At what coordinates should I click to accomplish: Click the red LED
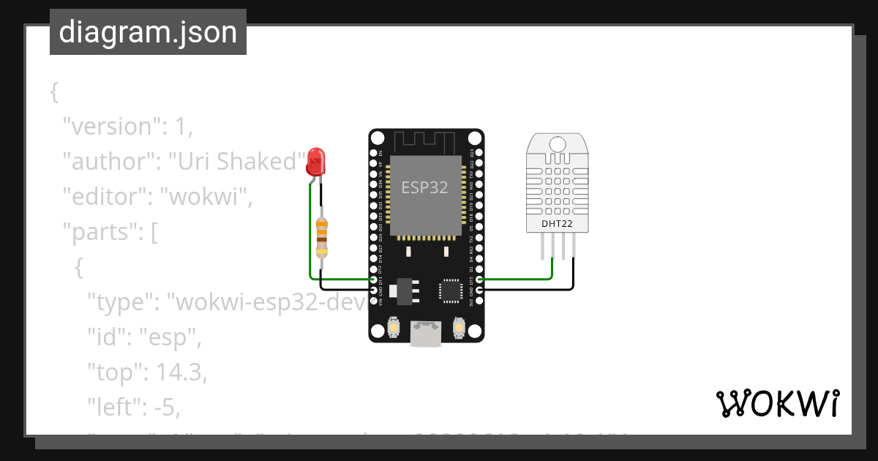pyautogui.click(x=316, y=161)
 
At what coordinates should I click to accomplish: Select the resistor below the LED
pyautogui.click(x=322, y=237)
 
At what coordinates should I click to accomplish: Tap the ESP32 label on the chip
pyautogui.click(x=424, y=187)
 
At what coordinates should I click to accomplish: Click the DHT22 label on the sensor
pyautogui.click(x=557, y=224)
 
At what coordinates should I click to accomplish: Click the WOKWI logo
pyautogui.click(x=777, y=403)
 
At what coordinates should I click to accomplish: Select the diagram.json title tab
pyautogui.click(x=148, y=33)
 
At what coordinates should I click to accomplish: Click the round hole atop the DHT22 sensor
pyautogui.click(x=557, y=143)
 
